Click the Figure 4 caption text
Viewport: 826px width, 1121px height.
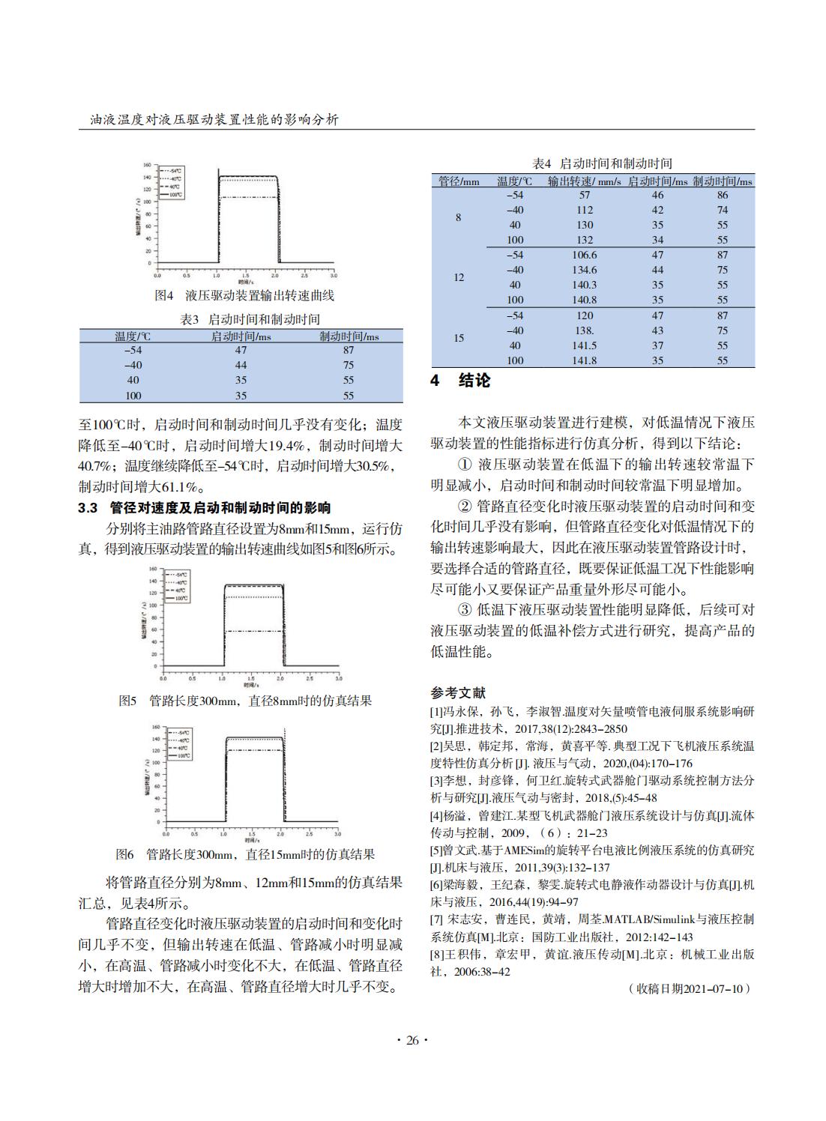click(x=244, y=295)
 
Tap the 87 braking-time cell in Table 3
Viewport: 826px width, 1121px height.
click(x=349, y=350)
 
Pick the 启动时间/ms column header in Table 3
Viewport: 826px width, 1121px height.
click(x=241, y=336)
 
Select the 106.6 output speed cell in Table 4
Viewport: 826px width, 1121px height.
click(x=585, y=255)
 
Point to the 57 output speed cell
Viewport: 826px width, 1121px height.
click(x=585, y=195)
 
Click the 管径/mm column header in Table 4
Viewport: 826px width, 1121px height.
click(x=459, y=181)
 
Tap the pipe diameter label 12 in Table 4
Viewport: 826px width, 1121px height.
click(x=459, y=277)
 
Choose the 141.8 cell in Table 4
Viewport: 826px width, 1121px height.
click(x=585, y=360)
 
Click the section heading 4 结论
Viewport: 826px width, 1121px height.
click(x=460, y=381)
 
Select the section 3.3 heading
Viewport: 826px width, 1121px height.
click(x=205, y=508)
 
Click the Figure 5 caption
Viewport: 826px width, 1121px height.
click(x=244, y=701)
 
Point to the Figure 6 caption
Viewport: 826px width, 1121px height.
click(x=244, y=855)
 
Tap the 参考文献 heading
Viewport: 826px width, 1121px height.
click(x=458, y=693)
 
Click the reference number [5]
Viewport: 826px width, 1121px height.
click(x=436, y=850)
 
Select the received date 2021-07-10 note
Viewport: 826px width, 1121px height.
click(x=689, y=988)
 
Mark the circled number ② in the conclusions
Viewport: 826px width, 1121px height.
click(x=466, y=507)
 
